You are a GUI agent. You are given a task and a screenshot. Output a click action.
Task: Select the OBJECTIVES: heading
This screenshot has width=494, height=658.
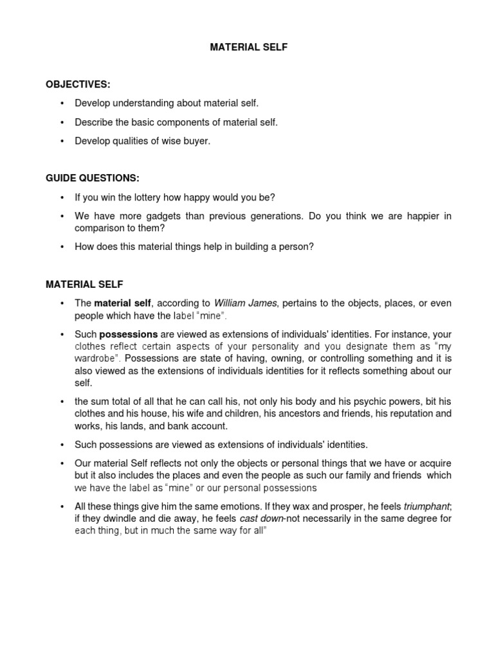click(x=77, y=85)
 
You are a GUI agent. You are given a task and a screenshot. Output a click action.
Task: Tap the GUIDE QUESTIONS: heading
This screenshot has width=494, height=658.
click(x=92, y=178)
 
